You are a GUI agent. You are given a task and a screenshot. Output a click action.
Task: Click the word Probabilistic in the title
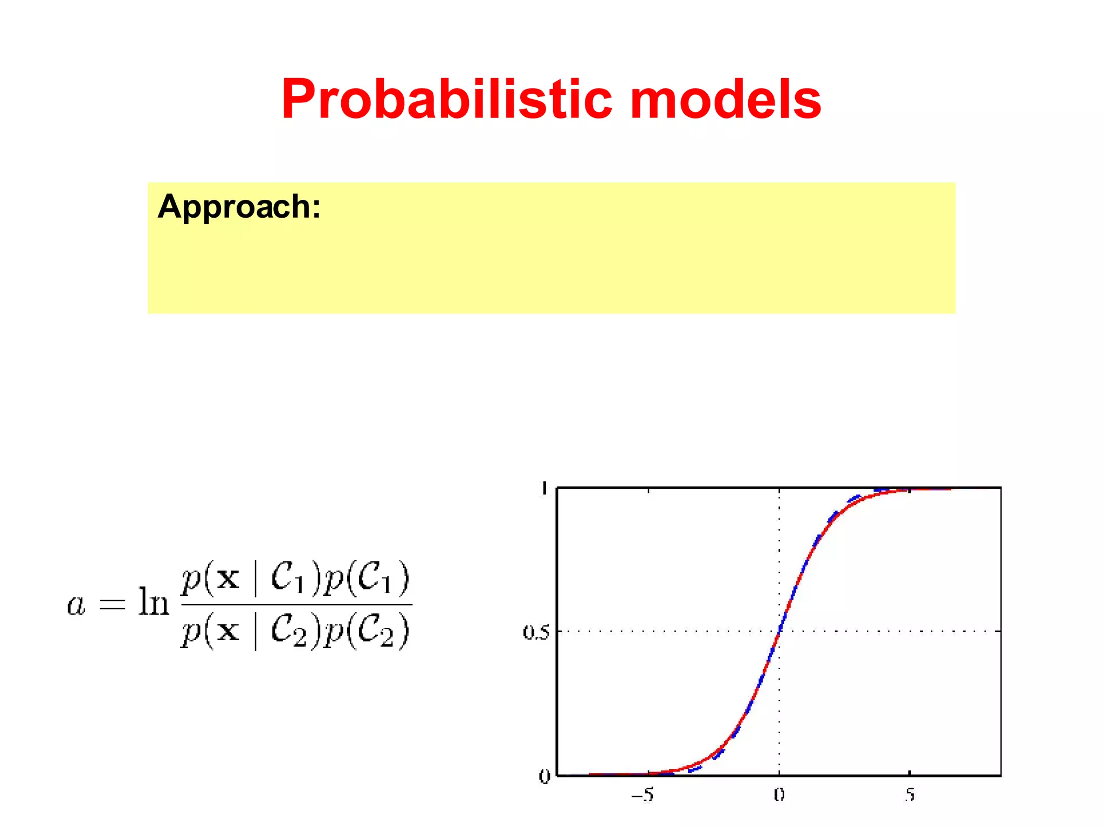click(446, 100)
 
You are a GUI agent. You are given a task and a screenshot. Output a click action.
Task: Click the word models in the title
click(725, 100)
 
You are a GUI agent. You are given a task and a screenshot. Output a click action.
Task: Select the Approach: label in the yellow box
click(239, 206)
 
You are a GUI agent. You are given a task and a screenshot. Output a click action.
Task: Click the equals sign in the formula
click(112, 604)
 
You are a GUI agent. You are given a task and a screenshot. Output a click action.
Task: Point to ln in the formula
click(153, 602)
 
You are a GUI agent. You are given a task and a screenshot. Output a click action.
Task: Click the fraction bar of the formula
click(296, 604)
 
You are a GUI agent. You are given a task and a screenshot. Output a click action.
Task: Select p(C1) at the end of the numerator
click(367, 578)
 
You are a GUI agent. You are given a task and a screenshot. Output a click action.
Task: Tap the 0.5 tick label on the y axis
click(535, 632)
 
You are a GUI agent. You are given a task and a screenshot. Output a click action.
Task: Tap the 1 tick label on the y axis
click(544, 488)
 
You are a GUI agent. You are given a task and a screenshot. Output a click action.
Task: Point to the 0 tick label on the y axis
click(544, 776)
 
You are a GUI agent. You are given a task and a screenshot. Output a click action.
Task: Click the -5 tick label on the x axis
click(643, 795)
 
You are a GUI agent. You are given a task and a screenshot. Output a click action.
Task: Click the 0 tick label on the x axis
click(779, 795)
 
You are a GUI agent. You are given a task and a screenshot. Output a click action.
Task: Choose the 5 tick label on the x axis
click(910, 795)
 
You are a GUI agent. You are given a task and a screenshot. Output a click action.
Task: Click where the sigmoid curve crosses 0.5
click(779, 631)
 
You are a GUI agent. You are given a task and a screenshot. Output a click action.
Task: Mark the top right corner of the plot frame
click(1000, 488)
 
